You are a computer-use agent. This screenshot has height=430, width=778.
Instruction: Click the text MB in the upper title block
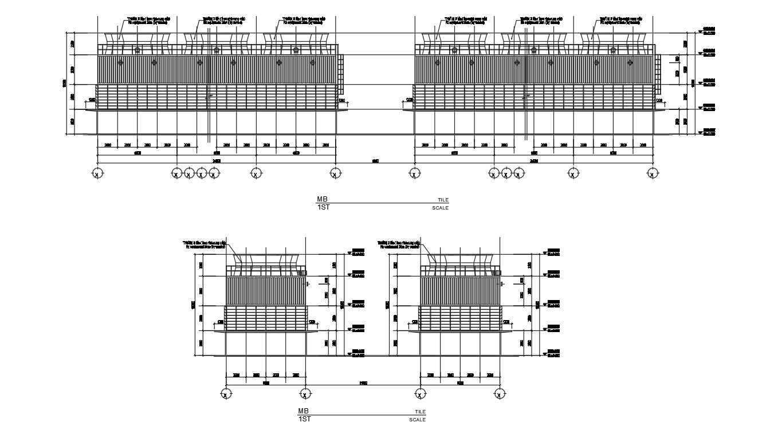[321, 199]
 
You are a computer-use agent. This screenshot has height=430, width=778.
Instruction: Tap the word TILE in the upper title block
[443, 200]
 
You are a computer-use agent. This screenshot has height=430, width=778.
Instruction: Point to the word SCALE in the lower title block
[417, 420]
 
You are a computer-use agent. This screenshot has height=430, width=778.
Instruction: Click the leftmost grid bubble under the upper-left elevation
[97, 173]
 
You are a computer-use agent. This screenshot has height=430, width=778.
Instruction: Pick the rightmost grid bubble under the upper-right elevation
[652, 173]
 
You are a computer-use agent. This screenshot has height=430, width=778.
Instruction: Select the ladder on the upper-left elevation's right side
[341, 74]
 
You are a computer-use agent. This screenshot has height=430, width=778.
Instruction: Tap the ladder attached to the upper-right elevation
[658, 74]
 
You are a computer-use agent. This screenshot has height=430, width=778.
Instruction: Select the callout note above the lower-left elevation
[205, 244]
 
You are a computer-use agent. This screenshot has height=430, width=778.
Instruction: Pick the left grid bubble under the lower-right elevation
[420, 394]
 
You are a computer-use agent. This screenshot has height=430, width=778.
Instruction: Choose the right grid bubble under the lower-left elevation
[305, 394]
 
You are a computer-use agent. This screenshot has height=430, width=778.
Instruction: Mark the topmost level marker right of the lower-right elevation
[553, 251]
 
